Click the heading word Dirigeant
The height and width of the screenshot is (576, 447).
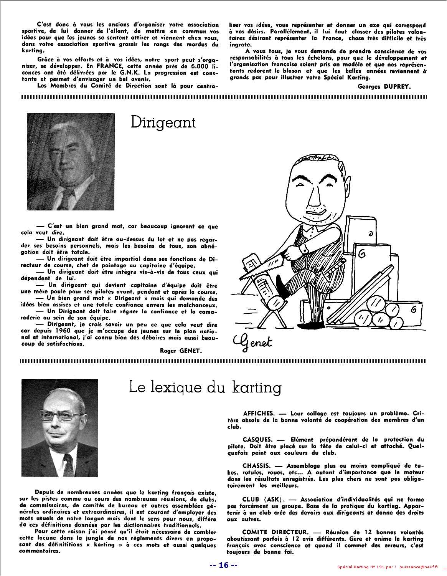(163, 122)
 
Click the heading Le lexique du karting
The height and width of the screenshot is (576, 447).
(205, 387)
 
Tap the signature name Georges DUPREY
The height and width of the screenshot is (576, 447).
(384, 86)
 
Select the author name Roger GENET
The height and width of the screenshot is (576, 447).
(180, 350)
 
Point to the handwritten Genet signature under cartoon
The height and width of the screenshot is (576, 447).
(252, 340)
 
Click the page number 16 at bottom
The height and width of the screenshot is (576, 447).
(223, 565)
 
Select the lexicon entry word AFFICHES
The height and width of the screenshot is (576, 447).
(259, 414)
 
